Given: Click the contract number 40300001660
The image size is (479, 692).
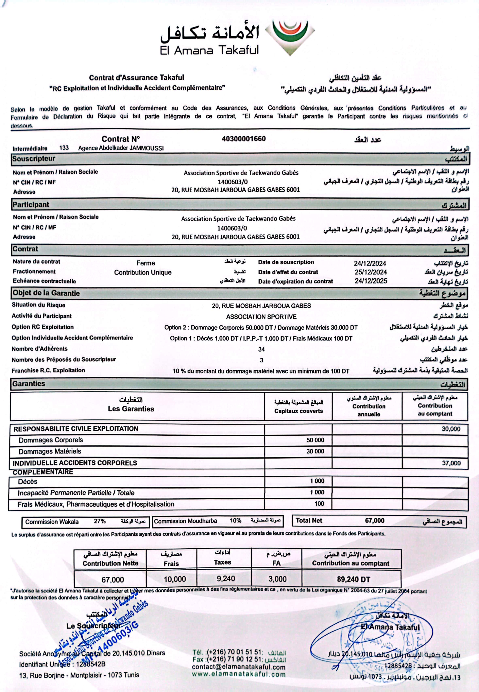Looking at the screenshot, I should click(x=243, y=139).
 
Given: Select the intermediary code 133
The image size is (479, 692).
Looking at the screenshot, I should click(x=64, y=148).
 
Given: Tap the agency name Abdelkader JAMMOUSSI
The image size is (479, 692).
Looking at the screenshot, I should click(x=121, y=148).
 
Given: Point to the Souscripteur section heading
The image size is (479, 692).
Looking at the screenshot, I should click(x=34, y=158).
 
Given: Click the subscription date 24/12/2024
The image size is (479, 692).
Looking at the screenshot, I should click(x=370, y=263).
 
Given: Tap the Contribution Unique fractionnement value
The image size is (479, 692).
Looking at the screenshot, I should click(x=143, y=273).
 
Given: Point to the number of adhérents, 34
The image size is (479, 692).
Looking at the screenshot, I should click(x=261, y=349).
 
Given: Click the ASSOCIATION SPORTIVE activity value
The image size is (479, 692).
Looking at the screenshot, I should click(x=261, y=317).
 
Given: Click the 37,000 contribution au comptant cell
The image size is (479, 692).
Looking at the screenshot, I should click(x=451, y=463).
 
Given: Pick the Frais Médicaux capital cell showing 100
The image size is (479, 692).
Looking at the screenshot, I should click(x=319, y=504).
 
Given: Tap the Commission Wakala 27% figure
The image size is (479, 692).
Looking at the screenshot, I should click(x=100, y=521).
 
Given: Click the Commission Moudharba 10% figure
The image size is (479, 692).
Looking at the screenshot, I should click(x=236, y=521).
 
